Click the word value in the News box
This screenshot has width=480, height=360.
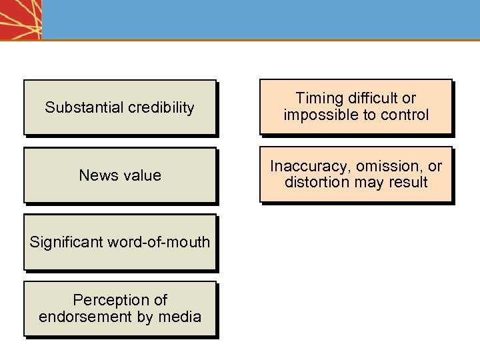click(140, 175)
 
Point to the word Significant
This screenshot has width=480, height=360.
click(64, 242)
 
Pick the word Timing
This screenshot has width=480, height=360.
click(319, 99)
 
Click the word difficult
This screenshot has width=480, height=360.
click(373, 99)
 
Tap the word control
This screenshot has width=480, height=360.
click(405, 115)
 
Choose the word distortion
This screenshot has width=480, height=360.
click(315, 182)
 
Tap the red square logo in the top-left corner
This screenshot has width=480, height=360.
click(21, 19)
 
